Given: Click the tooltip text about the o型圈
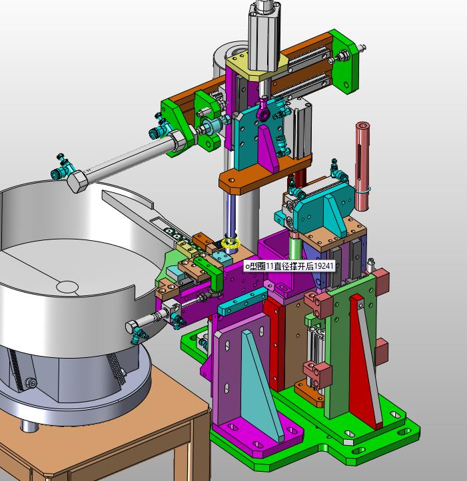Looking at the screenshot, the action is (290, 266).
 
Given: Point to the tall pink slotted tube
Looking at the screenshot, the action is (362, 166).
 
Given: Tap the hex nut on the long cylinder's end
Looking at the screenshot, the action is (78, 181).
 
